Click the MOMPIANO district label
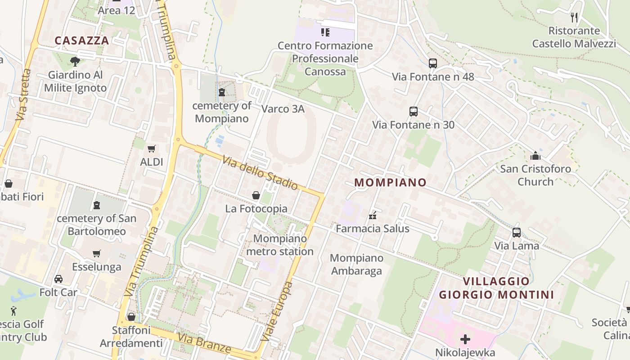(390, 182)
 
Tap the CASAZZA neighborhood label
(82, 40)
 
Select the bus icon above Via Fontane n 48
(433, 63)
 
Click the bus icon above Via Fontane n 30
(414, 112)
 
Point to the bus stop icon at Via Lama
(517, 233)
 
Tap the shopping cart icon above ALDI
(152, 148)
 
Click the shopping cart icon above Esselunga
(97, 253)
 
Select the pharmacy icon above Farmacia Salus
(373, 216)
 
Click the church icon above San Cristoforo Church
(535, 156)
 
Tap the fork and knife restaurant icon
(574, 18)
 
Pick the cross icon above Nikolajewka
(465, 339)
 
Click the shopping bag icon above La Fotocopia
(256, 195)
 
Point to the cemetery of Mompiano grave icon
(222, 93)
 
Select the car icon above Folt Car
(58, 279)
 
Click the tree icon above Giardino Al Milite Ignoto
(75, 61)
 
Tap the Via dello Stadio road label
(260, 172)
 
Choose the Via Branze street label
(204, 343)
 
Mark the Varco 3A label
(283, 109)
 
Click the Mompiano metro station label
(280, 245)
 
